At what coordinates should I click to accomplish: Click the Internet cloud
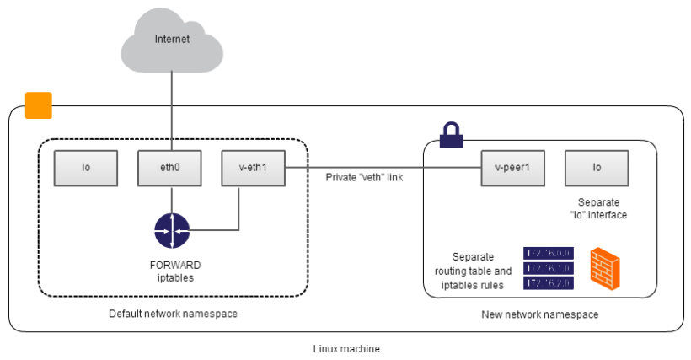(x=172, y=40)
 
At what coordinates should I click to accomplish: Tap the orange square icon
(x=39, y=105)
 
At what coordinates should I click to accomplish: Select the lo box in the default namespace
(x=86, y=168)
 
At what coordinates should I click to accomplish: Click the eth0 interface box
(x=171, y=168)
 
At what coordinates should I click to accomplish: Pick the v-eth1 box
(x=252, y=168)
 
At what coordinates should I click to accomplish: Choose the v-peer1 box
(x=512, y=168)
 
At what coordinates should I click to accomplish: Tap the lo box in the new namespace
(x=596, y=168)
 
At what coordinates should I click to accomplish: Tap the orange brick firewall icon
(x=607, y=268)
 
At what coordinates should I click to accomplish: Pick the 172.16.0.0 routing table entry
(x=548, y=253)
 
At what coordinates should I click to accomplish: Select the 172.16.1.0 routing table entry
(x=548, y=268)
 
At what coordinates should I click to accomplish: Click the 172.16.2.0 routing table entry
(x=548, y=283)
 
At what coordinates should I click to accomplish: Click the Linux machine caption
(x=345, y=348)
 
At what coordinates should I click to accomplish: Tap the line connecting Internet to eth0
(x=172, y=110)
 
